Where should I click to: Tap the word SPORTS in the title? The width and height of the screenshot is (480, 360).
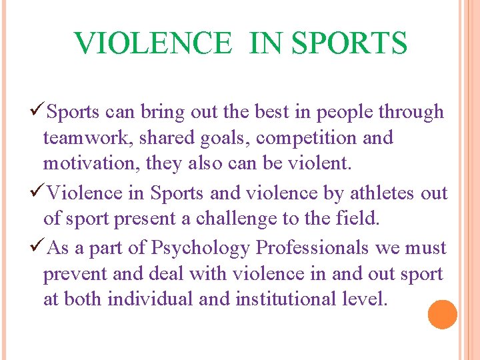click(x=349, y=43)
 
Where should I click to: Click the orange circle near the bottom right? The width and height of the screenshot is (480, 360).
click(x=443, y=315)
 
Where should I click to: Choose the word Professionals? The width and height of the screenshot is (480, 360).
click(x=313, y=248)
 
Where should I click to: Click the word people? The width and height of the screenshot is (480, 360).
click(x=347, y=111)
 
